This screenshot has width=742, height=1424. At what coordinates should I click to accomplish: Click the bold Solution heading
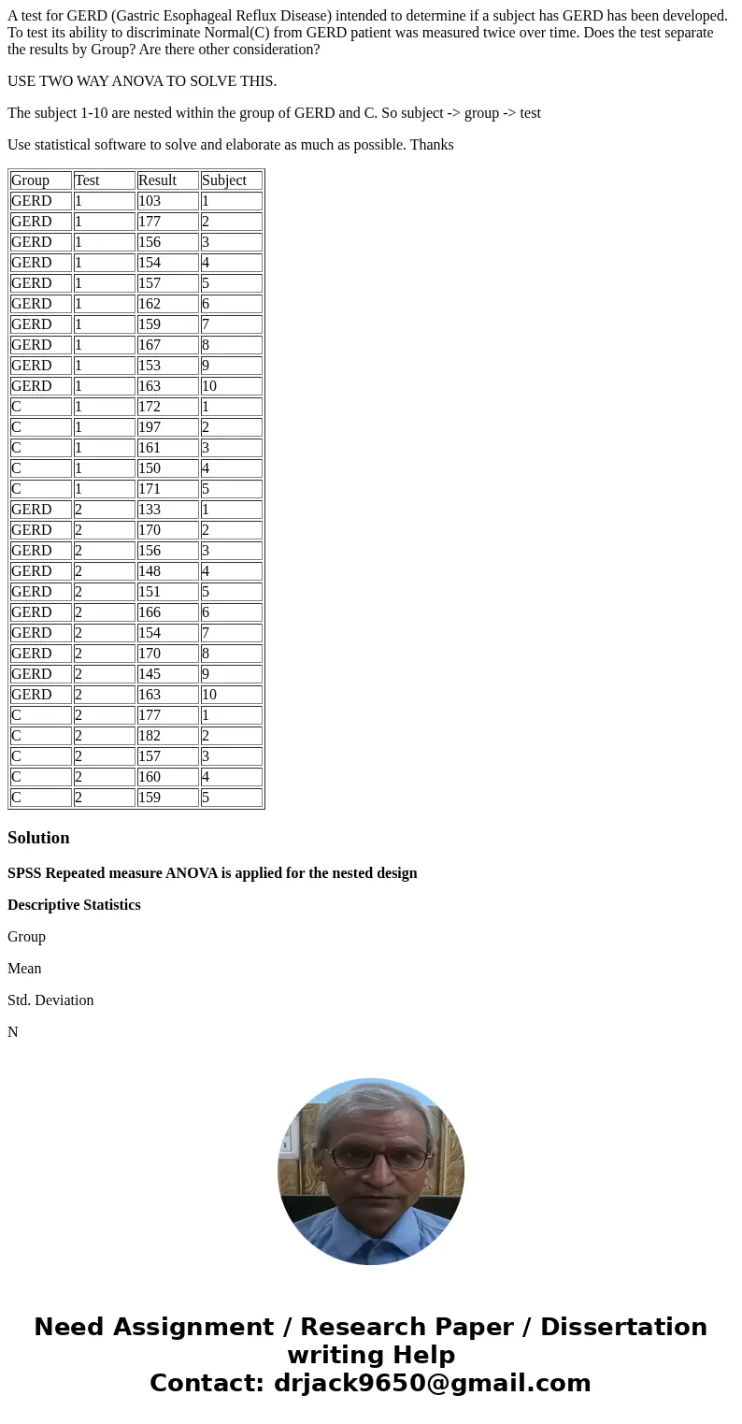pyautogui.click(x=38, y=838)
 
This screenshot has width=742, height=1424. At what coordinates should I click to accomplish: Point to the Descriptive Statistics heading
pyautogui.click(x=74, y=905)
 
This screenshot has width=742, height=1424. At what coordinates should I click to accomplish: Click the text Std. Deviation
pyautogui.click(x=50, y=1000)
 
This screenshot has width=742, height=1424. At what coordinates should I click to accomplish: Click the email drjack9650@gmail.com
pyautogui.click(x=432, y=1384)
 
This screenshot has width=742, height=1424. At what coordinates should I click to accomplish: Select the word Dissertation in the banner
pyautogui.click(x=623, y=1328)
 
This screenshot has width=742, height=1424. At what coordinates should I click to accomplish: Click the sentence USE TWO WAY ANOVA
pyautogui.click(x=142, y=81)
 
